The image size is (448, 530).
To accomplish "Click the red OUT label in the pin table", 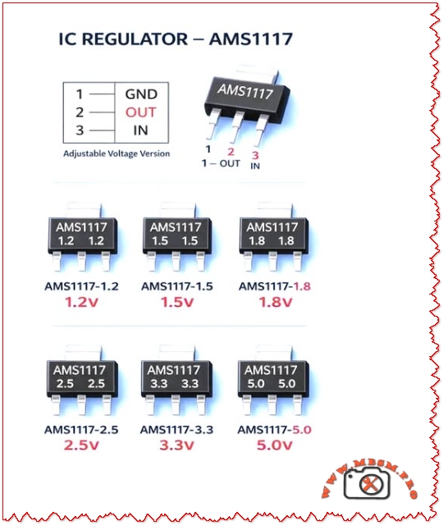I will click(140, 112).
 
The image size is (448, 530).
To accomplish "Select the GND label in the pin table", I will click(141, 94).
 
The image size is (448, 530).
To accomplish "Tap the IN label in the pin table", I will click(141, 130).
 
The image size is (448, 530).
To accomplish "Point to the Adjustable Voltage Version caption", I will click(117, 153).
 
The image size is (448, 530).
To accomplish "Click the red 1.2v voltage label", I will click(81, 303).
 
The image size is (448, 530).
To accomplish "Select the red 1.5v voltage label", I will click(176, 303).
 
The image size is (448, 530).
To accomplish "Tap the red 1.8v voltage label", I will click(273, 303).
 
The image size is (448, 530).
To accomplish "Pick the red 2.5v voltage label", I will click(80, 445).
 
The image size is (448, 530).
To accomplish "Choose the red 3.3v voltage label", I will click(176, 445).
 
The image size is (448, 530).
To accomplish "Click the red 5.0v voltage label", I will click(273, 445).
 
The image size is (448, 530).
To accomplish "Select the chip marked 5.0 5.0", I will click(271, 377).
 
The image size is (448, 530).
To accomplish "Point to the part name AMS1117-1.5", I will click(176, 286).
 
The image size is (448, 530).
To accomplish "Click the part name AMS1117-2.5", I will click(80, 429).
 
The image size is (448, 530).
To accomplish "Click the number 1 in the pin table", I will click(80, 94).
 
